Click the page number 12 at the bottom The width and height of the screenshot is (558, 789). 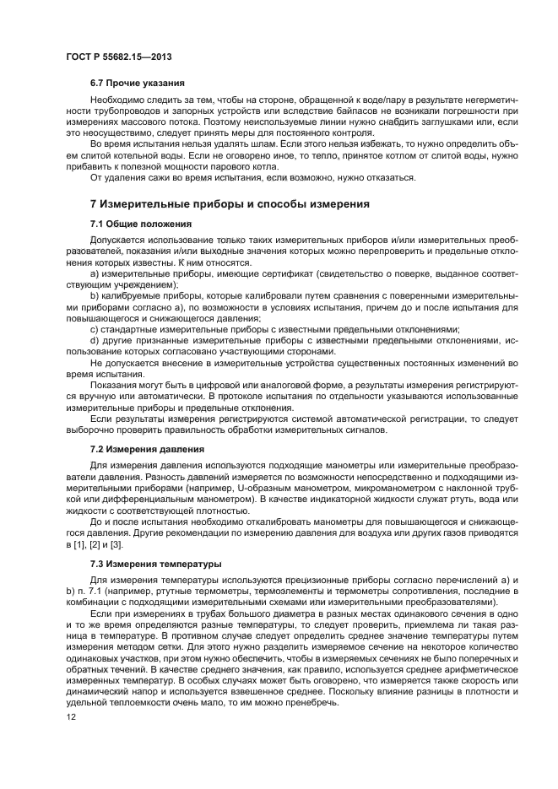71,717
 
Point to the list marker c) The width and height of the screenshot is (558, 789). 95,328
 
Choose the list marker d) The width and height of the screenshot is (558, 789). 95,340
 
